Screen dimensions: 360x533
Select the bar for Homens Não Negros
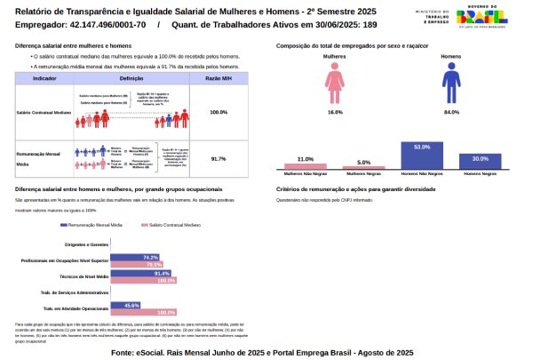[x=421, y=156]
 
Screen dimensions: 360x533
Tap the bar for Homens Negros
[x=480, y=161]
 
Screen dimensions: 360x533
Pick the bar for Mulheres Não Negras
[x=305, y=166]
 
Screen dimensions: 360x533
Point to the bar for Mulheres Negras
[x=363, y=168]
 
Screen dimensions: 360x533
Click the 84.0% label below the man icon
[x=451, y=113]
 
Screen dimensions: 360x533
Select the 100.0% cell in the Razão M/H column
[x=219, y=113]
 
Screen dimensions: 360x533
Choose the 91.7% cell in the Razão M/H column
[x=219, y=158]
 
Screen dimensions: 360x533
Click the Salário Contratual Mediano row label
[x=44, y=113]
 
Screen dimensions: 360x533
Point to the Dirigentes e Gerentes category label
[x=86, y=243]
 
